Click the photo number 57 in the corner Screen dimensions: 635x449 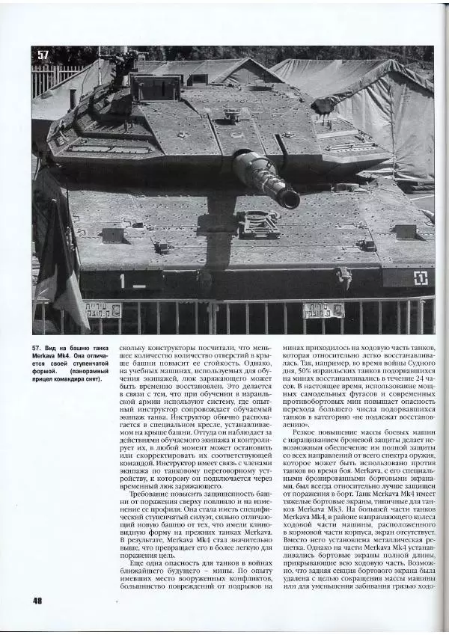43,55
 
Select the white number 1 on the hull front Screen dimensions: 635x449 121,281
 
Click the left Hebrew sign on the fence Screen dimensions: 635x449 103,309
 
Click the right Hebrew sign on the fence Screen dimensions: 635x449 323,310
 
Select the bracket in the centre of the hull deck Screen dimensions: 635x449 257,224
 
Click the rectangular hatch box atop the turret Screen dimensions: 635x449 156,88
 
